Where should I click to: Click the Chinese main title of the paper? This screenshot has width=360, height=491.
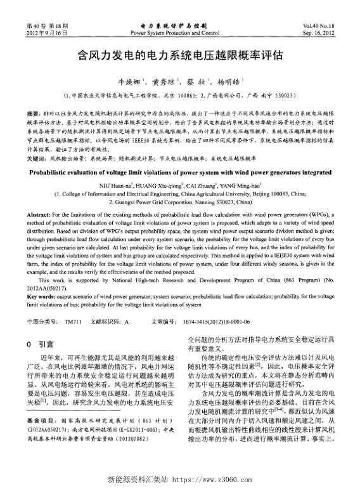180,55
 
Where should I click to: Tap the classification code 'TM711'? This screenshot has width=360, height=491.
74,322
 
